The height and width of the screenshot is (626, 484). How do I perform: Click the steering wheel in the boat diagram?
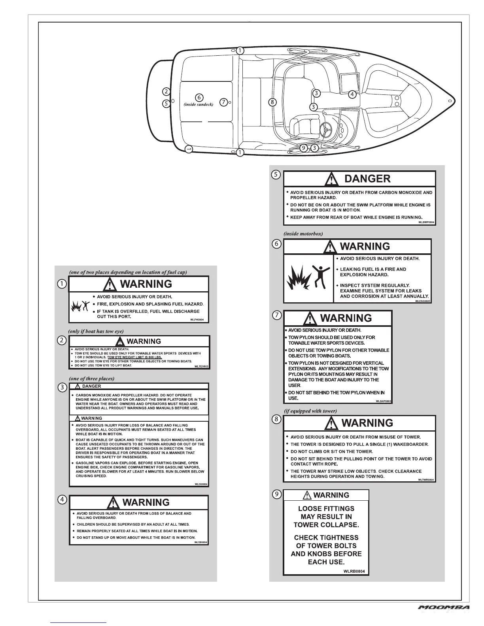click(x=327, y=128)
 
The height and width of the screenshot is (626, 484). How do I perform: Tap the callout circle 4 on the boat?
click(x=352, y=94)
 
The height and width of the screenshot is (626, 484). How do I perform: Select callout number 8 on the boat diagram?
click(x=272, y=102)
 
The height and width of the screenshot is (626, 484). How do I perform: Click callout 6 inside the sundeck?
click(x=199, y=97)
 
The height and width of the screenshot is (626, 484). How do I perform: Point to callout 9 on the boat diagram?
click(x=303, y=148)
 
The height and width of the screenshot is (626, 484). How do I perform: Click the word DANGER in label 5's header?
click(x=367, y=179)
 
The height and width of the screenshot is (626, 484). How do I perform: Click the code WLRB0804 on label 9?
click(x=354, y=571)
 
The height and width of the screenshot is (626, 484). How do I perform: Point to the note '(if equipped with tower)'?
click(x=310, y=411)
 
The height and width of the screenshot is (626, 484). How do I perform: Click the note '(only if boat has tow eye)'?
click(x=99, y=331)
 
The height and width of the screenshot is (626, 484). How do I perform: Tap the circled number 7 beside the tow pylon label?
click(x=277, y=315)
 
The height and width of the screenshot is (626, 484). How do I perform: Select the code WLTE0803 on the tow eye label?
click(x=201, y=367)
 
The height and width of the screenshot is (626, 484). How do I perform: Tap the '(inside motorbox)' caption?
click(x=303, y=234)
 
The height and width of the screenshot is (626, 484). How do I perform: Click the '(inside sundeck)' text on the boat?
click(x=199, y=105)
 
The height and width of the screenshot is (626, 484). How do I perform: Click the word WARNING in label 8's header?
click(x=367, y=423)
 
